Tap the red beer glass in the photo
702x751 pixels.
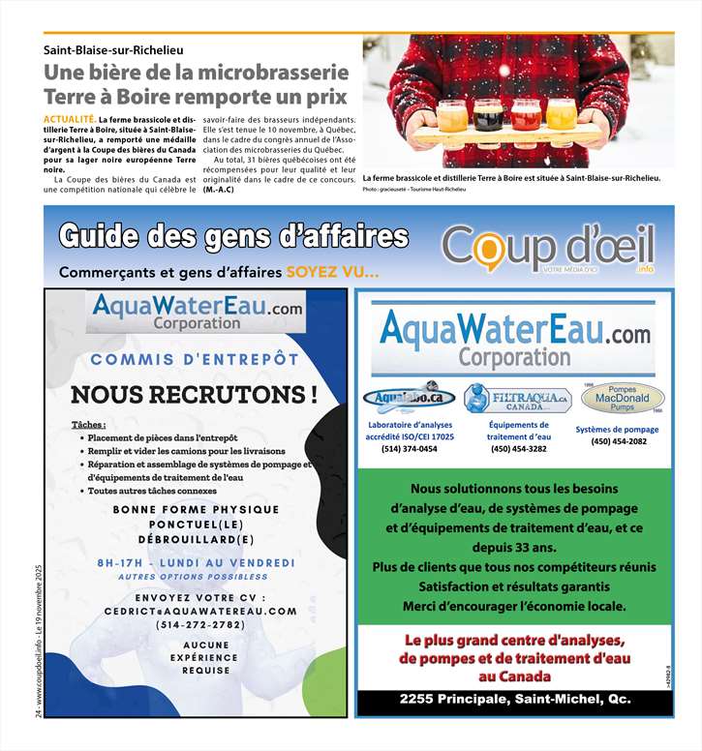tap(525, 115)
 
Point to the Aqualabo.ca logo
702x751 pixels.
tap(409, 398)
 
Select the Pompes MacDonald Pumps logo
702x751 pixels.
tap(622, 398)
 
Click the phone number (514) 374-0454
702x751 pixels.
tap(409, 449)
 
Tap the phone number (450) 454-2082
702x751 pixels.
tap(619, 441)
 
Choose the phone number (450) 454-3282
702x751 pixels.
tap(518, 449)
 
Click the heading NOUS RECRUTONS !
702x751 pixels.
tap(194, 395)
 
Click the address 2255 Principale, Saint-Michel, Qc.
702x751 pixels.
tap(514, 699)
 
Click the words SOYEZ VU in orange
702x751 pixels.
tap(331, 272)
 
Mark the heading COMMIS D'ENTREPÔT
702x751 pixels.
tap(195, 359)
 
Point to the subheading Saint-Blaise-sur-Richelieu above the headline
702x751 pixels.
tap(113, 48)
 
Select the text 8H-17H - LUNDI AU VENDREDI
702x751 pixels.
tap(196, 563)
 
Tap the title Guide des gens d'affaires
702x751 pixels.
tap(233, 237)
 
